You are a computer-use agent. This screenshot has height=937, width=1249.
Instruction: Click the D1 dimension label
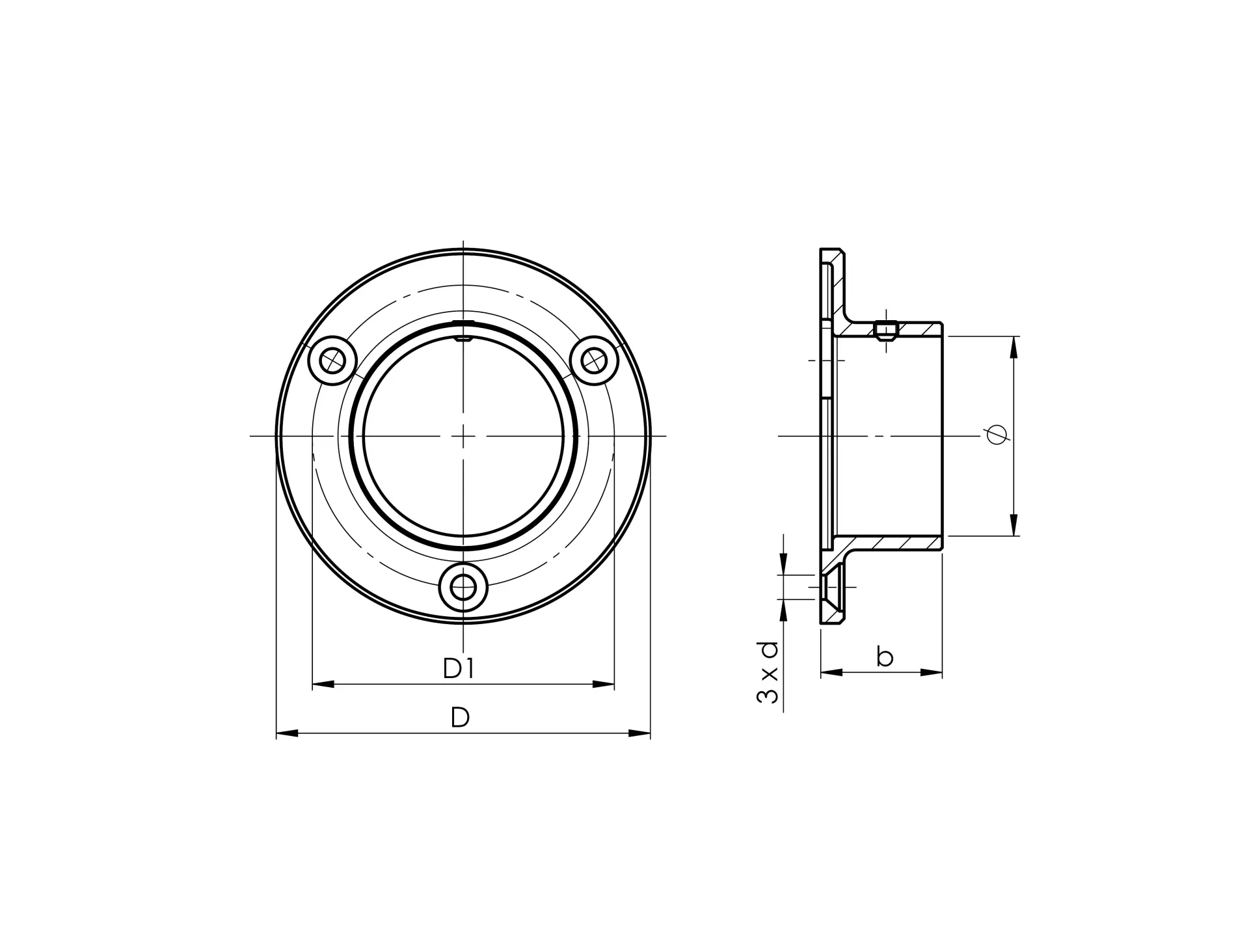459,668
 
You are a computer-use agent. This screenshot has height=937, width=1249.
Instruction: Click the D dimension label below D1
460,718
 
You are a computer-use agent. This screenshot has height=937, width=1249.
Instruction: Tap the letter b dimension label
884,656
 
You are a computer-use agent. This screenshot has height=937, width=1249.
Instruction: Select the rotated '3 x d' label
768,673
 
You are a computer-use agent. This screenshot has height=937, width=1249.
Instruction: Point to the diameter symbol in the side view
997,434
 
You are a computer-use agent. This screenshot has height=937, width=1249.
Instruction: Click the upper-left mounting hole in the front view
332,360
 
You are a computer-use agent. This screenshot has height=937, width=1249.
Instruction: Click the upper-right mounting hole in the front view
594,360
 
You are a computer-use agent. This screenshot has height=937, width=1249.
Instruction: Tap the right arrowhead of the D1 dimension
604,684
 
